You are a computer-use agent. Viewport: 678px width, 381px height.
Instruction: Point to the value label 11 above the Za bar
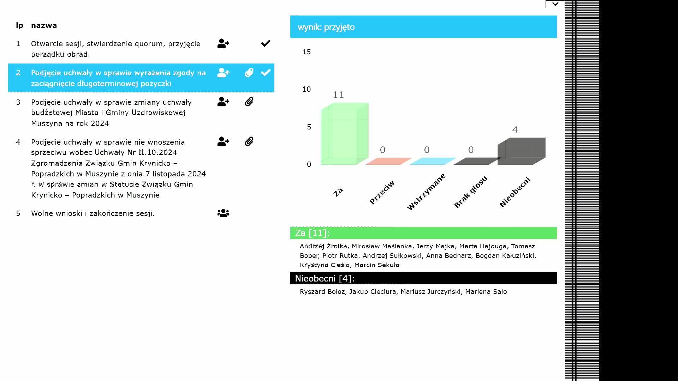coord(338,95)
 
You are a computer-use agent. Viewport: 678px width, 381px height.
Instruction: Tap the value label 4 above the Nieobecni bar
coord(515,130)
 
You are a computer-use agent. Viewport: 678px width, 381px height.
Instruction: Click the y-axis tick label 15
coord(307,52)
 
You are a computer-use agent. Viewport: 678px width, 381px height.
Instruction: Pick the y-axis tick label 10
coord(307,89)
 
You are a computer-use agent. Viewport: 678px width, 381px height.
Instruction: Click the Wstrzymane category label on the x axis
coord(426,192)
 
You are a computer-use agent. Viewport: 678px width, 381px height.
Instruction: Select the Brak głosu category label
coord(470,192)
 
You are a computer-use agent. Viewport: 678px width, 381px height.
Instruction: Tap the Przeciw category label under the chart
coord(382,192)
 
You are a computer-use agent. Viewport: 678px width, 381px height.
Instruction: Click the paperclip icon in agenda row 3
coord(249,102)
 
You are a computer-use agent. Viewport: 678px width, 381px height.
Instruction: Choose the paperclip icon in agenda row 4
coord(249,142)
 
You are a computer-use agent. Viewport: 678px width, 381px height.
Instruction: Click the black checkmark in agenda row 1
coord(266,43)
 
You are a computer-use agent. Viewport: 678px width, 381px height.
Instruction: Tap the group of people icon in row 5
coord(223,213)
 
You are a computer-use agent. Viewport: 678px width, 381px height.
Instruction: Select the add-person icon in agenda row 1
coord(223,44)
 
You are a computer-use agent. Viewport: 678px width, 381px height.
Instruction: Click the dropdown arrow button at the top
coord(555,4)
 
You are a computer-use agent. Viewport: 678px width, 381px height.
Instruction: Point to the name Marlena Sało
coord(486,292)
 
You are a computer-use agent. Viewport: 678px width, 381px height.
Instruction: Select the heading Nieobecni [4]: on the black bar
coord(325,278)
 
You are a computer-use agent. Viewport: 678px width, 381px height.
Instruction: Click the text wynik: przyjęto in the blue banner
coord(326,27)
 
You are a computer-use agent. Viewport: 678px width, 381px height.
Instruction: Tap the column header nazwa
coord(44,25)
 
